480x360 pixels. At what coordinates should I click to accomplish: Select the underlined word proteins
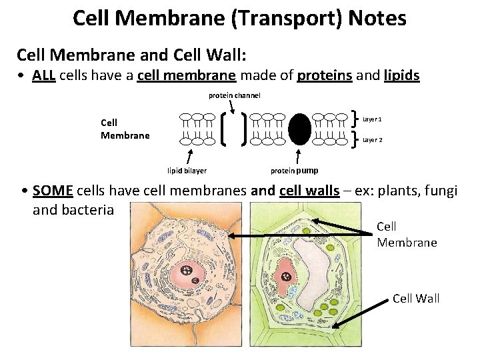click(x=324, y=76)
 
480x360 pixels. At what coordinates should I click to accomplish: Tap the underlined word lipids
click(x=402, y=76)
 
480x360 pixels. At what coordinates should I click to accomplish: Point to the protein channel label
click(x=234, y=95)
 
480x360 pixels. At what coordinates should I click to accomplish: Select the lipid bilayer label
click(x=187, y=171)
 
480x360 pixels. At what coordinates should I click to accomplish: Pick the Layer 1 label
click(x=372, y=119)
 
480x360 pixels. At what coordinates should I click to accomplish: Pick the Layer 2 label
click(x=372, y=140)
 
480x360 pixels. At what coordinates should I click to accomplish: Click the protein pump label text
click(x=294, y=171)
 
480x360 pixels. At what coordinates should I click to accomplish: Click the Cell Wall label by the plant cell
click(x=416, y=298)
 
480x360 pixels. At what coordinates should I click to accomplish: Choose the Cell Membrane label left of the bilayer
click(x=125, y=129)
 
